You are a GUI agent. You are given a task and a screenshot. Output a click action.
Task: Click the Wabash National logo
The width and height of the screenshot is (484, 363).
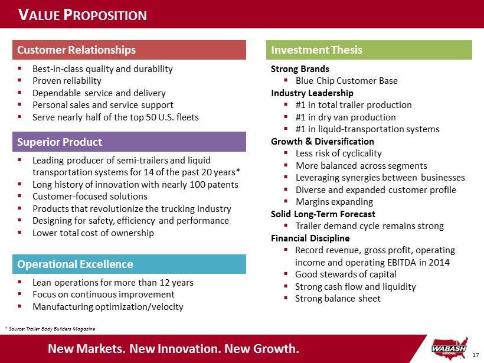click(452, 347)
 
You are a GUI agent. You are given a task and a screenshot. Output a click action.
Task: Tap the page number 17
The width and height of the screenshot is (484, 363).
click(476, 354)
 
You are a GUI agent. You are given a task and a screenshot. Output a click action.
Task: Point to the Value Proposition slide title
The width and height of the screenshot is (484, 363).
click(83, 15)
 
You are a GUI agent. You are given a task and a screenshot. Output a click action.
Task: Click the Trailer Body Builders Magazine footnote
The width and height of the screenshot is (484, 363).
click(50, 328)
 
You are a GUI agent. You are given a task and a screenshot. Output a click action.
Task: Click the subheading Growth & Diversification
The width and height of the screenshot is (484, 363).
click(322, 142)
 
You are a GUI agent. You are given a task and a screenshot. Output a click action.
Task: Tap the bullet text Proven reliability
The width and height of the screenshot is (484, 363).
click(67, 81)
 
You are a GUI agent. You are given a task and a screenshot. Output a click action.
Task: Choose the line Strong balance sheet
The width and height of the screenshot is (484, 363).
click(338, 299)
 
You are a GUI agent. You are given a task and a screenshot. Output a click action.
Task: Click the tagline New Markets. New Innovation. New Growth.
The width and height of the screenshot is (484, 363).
click(174, 348)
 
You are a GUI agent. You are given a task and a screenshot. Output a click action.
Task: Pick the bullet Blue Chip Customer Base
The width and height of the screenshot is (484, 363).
click(346, 81)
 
